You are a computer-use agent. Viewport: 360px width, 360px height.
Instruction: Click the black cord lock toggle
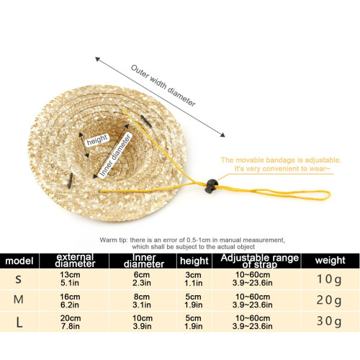click(211, 186)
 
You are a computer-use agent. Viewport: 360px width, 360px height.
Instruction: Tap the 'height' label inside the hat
click(97, 140)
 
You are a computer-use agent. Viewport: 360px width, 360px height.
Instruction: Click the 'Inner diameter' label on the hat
click(115, 156)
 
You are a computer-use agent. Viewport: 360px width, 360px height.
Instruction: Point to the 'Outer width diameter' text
click(163, 86)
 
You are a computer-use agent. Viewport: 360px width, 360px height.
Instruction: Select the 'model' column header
click(19, 261)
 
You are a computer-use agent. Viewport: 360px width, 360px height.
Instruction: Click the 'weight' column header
click(330, 261)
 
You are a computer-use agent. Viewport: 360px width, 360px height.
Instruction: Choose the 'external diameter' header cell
click(75, 261)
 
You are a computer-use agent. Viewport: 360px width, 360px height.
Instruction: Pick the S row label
click(19, 279)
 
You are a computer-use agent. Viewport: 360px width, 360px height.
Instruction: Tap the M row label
click(19, 300)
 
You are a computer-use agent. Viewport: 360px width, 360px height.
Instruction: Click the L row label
click(19, 323)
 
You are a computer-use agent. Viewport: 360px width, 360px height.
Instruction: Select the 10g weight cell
click(329, 279)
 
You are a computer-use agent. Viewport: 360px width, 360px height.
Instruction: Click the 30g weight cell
click(329, 321)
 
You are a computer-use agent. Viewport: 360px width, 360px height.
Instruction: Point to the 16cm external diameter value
click(70, 297)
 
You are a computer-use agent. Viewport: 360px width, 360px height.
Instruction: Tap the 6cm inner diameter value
click(142, 275)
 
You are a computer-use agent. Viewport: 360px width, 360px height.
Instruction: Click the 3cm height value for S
click(193, 275)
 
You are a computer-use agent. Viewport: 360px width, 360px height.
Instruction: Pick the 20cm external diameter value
click(71, 318)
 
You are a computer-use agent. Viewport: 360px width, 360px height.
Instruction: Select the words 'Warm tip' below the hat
click(114, 240)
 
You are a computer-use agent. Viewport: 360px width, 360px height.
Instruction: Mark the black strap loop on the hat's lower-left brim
click(70, 181)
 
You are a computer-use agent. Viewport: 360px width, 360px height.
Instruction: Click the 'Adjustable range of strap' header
click(259, 261)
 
